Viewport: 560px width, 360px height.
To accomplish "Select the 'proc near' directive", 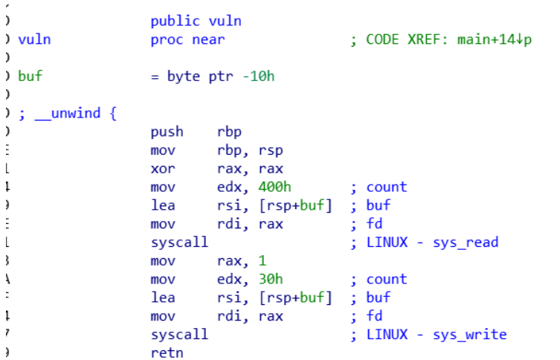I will (x=187, y=39).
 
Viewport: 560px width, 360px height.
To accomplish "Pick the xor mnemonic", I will (x=163, y=169).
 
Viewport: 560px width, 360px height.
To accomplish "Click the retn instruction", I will (x=166, y=353).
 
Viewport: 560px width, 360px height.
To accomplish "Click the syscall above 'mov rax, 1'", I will (x=179, y=242).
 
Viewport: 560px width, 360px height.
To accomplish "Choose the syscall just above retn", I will (x=179, y=335).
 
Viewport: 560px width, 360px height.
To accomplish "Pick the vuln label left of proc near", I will (x=34, y=39).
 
